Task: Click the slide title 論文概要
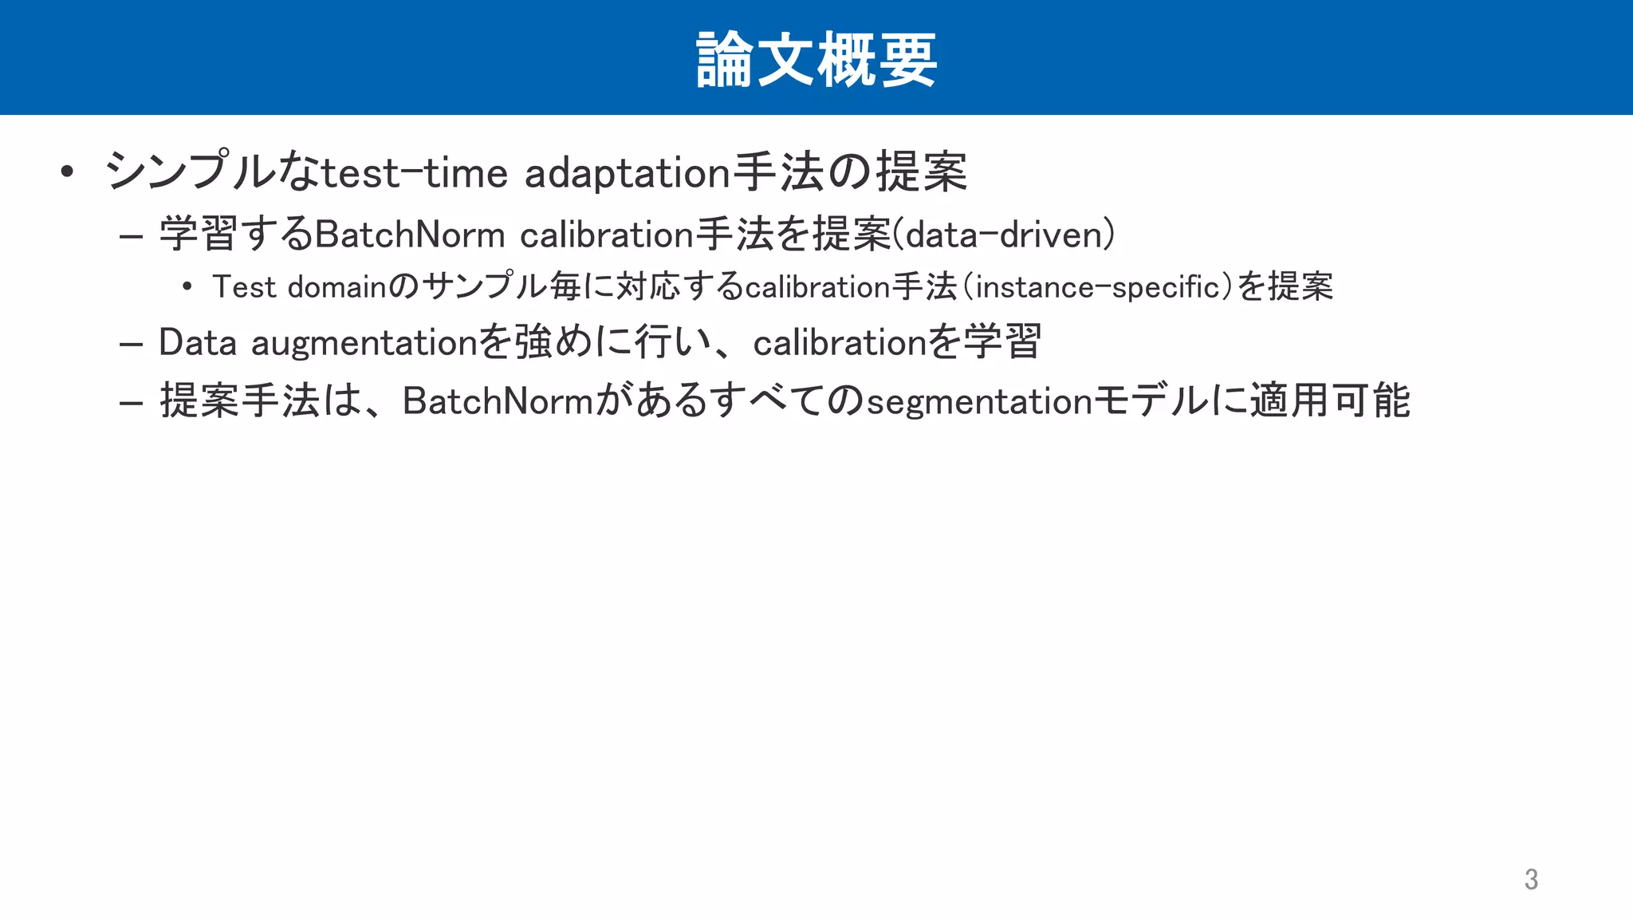[816, 59]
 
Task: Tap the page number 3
[1531, 879]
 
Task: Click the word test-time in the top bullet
[414, 173]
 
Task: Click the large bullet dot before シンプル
[67, 172]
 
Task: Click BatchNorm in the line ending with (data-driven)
[410, 235]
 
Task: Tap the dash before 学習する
[130, 236]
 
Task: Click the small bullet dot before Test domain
[187, 286]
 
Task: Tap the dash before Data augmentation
[130, 345]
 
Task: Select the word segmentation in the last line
[978, 401]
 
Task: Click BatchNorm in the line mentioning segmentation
[498, 400]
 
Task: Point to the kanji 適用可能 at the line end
[1329, 400]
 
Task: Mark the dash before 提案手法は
[130, 403]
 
